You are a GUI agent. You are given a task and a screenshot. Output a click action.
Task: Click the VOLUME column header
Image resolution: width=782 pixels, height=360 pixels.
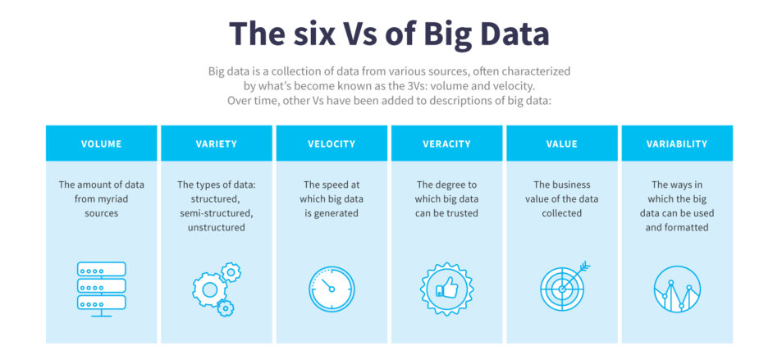coord(101,144)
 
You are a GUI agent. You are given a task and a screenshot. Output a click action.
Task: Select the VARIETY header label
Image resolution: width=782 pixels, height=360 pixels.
coord(217,144)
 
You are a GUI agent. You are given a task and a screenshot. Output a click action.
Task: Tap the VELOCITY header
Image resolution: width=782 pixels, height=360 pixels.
coord(332,144)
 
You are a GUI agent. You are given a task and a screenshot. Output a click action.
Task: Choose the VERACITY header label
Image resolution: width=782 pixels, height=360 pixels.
coord(446,144)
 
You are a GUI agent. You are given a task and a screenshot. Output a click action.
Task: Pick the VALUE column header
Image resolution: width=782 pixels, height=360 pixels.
coord(562,144)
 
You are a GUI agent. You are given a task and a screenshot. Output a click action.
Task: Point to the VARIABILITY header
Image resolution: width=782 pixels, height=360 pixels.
coord(677,144)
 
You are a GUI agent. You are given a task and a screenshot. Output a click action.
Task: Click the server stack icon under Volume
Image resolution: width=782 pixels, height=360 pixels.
coord(101,287)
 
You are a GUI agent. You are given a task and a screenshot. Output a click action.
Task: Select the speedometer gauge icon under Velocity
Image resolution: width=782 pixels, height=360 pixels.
coord(332,289)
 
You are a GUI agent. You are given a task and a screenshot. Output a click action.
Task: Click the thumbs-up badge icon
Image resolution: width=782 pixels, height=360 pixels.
coord(446,289)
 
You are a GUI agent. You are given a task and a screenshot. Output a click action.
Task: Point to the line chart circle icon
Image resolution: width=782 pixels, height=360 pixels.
coord(677,289)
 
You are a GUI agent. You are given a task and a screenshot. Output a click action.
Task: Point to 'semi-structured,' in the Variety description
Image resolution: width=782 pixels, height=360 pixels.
coord(217,213)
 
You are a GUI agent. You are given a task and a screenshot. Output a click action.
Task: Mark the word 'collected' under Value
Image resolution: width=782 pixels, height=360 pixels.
coord(562,213)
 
